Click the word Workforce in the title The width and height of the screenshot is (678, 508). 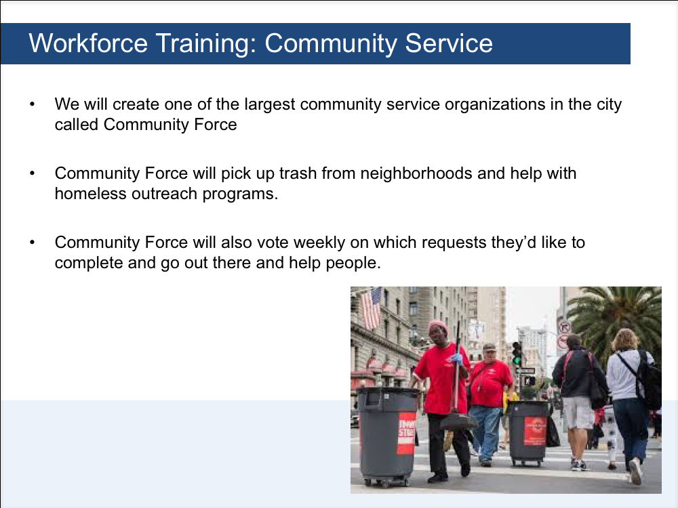tap(88, 43)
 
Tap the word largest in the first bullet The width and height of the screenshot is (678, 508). tap(270, 105)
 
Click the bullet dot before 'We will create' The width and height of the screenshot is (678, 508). tap(33, 104)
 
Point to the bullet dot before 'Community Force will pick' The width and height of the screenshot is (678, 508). tap(33, 173)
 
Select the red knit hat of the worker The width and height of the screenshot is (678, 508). tap(439, 327)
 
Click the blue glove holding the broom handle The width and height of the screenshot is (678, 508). tap(456, 358)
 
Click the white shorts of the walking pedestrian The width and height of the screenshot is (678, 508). tap(578, 412)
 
